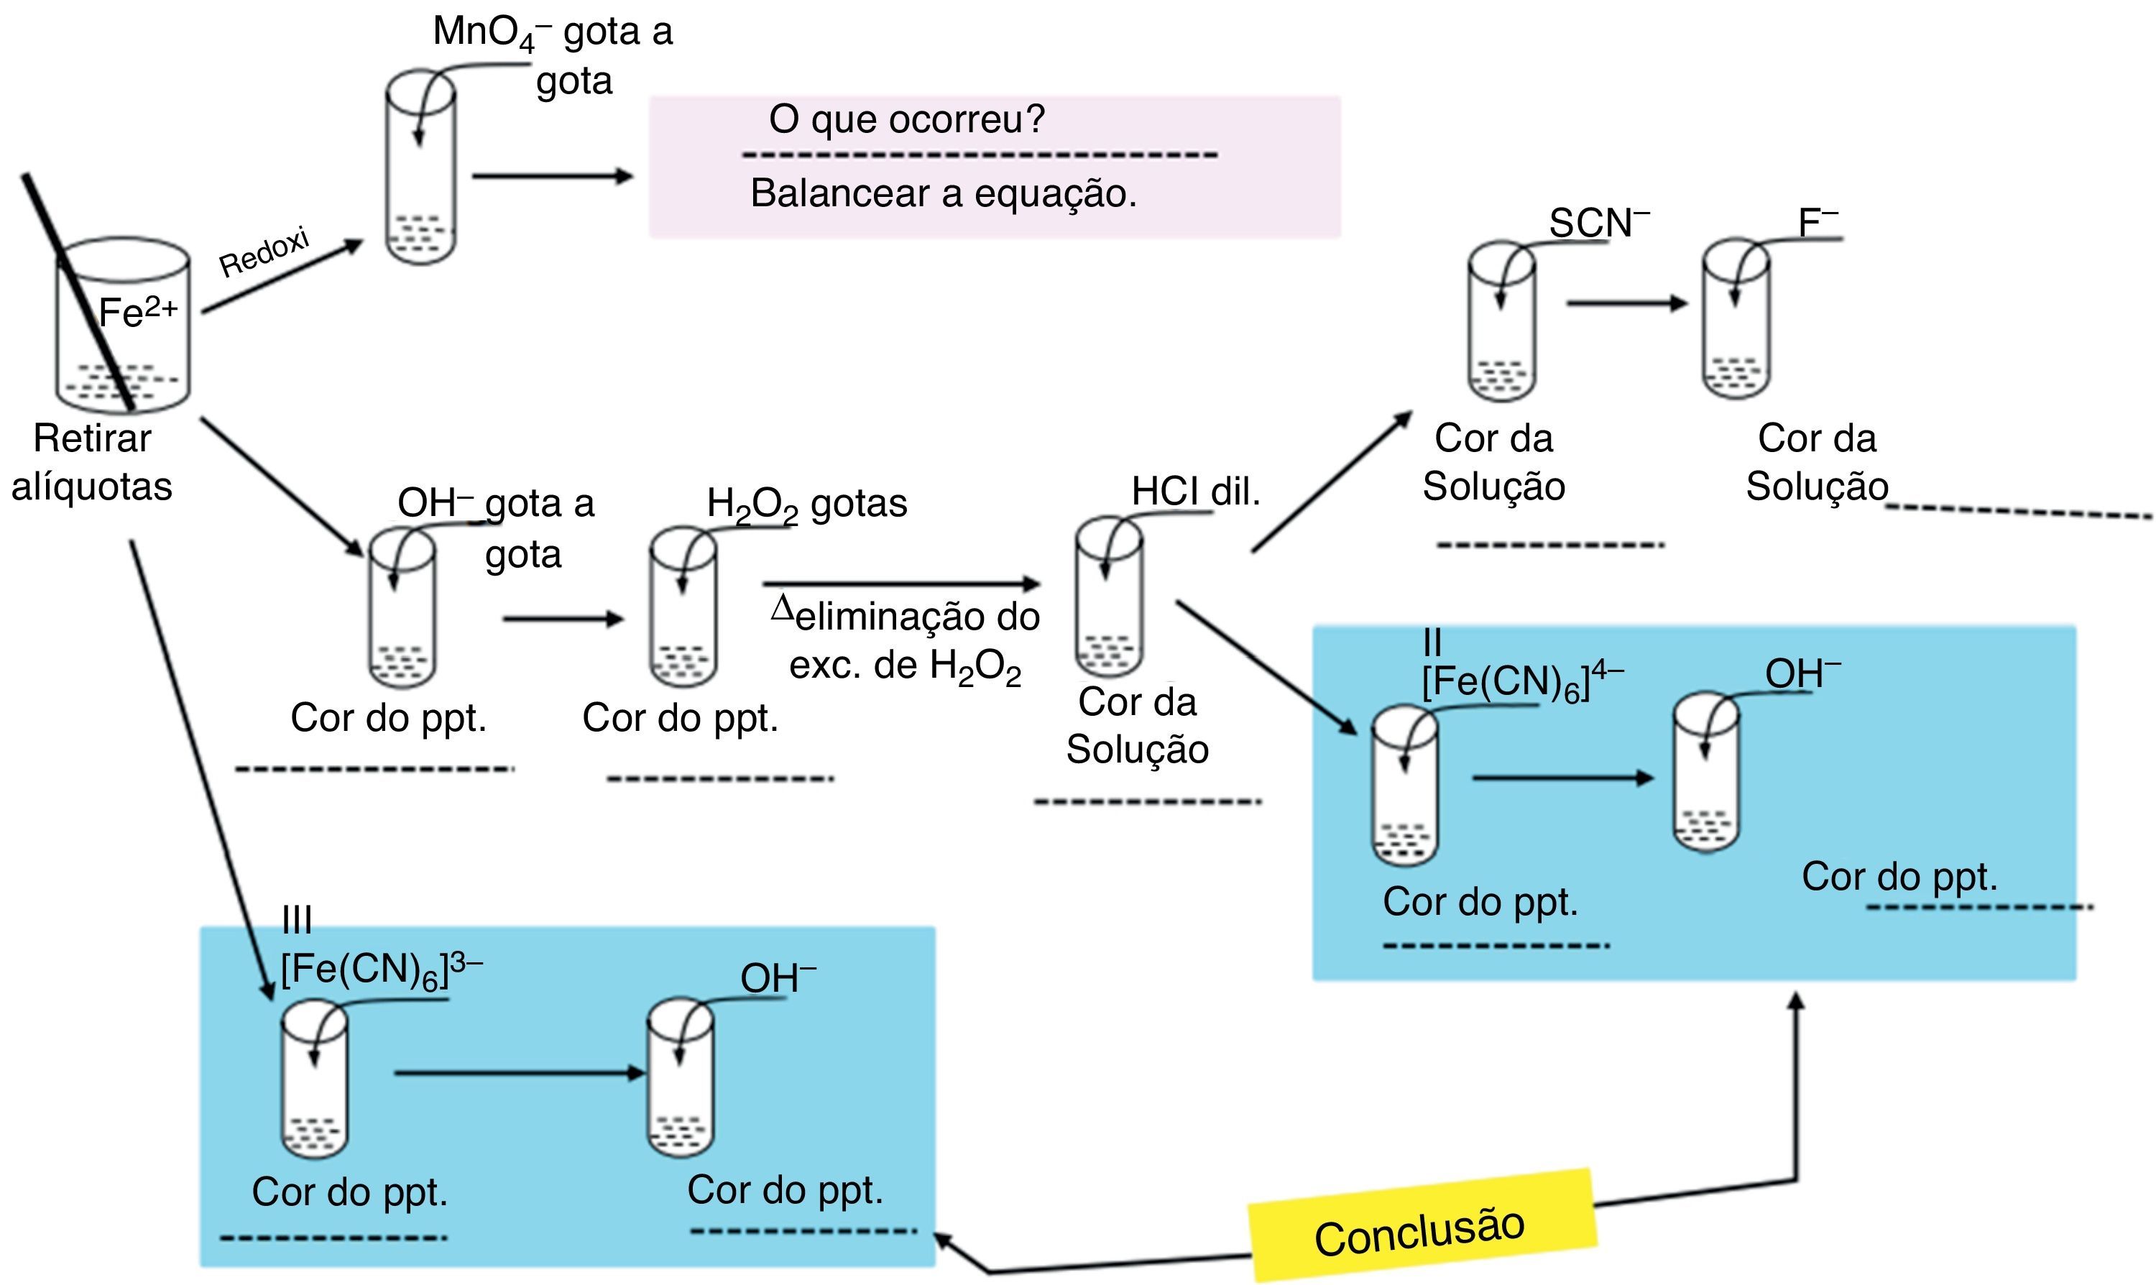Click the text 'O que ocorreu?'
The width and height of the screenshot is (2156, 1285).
click(906, 119)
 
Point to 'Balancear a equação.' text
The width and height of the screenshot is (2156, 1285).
click(943, 193)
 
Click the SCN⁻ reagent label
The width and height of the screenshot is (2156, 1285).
click(1598, 223)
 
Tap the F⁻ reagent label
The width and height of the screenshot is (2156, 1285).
click(1817, 223)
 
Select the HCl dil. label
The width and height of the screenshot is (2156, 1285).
click(1196, 492)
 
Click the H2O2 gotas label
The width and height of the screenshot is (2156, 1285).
click(806, 504)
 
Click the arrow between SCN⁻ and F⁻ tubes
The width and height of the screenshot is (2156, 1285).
click(1626, 303)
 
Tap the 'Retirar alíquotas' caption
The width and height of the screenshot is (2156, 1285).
click(92, 461)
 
